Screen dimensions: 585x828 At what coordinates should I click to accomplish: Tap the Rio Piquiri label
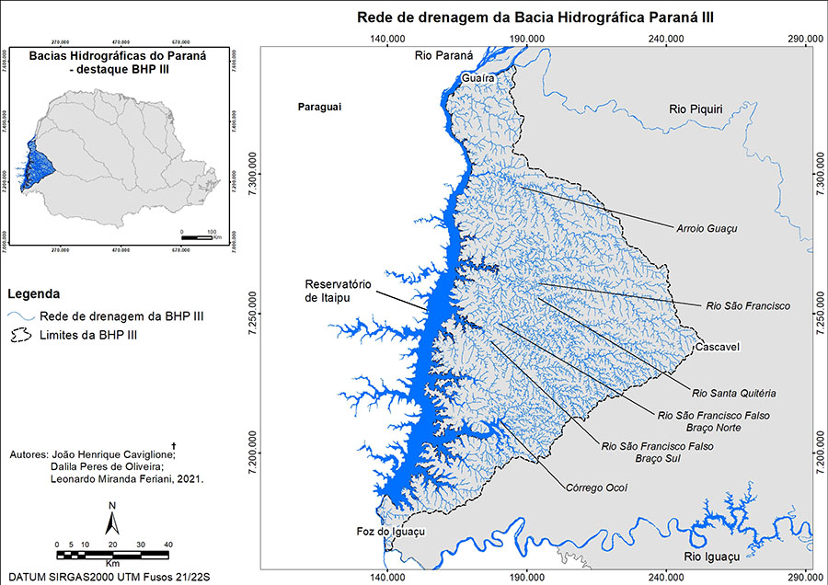(x=696, y=110)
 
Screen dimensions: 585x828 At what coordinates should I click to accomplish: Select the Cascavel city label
(x=719, y=348)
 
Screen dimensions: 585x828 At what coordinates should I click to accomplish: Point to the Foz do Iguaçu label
(x=390, y=533)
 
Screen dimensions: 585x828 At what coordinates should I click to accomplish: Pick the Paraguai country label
(x=319, y=108)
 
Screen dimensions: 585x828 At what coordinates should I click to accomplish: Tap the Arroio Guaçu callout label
(x=707, y=227)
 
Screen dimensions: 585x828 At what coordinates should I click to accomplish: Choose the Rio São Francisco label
(x=748, y=305)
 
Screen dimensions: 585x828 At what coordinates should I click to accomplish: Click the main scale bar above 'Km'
(x=113, y=554)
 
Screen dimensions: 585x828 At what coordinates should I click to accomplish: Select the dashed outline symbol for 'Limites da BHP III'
(x=20, y=336)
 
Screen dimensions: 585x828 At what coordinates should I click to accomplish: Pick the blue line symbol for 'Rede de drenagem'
(x=20, y=316)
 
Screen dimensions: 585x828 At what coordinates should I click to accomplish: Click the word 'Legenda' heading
(x=33, y=295)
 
